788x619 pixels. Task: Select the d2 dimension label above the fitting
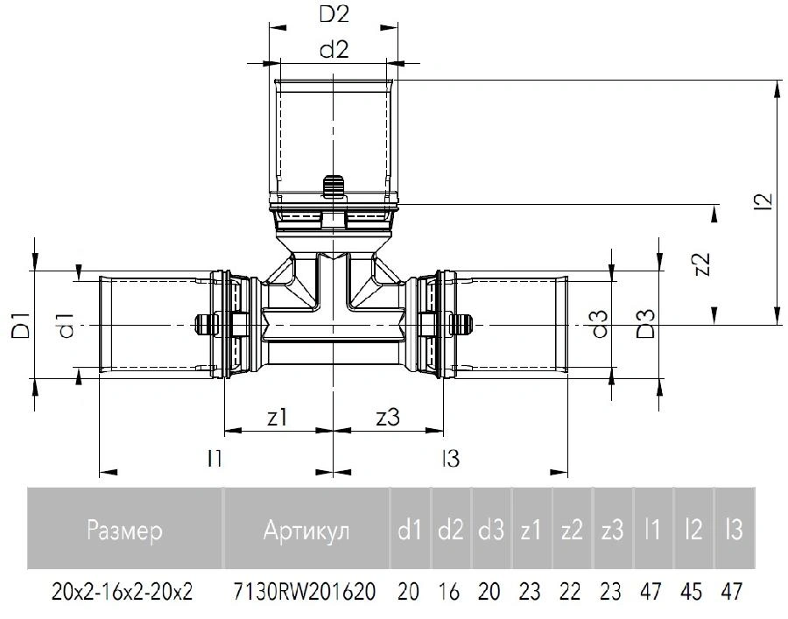[334, 50]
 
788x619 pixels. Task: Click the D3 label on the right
[645, 324]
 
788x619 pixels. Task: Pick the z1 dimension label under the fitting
[277, 417]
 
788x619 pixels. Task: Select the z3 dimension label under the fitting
[388, 417]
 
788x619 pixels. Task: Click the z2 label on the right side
[701, 263]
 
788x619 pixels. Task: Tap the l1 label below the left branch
[215, 458]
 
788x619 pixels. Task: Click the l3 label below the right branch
[451, 458]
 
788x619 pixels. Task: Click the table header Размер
[124, 530]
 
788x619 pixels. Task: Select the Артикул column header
[306, 530]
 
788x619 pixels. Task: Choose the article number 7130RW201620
[305, 591]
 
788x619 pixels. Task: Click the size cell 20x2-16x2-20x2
[122, 591]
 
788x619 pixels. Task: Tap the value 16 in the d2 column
[449, 591]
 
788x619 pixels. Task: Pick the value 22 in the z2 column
[570, 591]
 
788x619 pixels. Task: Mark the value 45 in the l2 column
[692, 591]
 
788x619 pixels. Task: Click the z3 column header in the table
[612, 530]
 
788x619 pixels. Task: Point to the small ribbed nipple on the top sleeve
[334, 186]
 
